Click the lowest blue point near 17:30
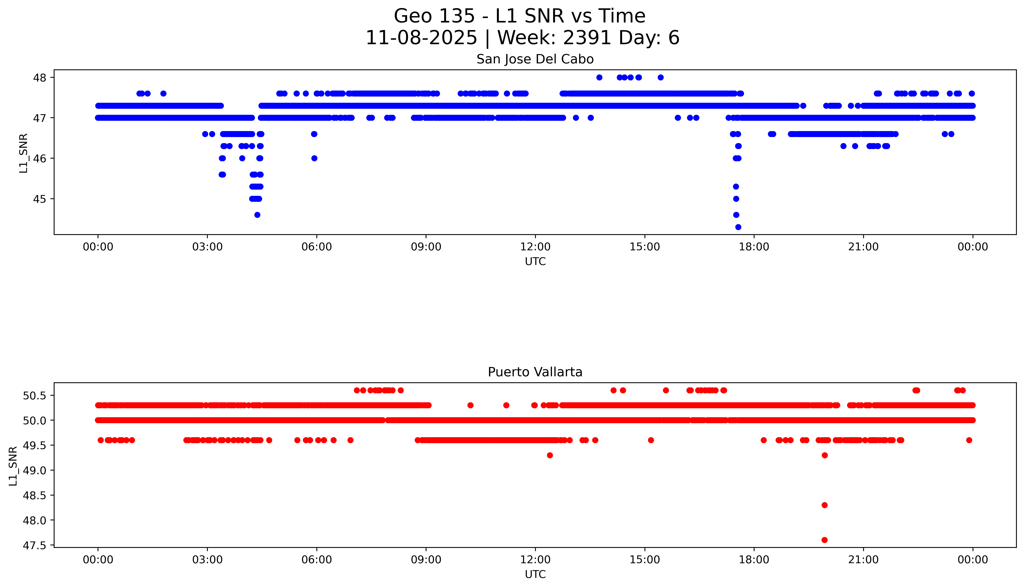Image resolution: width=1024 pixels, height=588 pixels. coord(738,227)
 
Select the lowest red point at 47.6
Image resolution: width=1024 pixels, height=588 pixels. coord(824,540)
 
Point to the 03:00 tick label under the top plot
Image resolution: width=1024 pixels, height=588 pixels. coord(207,247)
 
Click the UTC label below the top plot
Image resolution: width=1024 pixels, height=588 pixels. coord(535,262)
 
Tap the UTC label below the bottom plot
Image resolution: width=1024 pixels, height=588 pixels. coord(535,574)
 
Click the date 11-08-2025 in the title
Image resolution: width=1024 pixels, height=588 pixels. coord(421,38)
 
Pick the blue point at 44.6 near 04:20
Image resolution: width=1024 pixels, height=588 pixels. coord(257,215)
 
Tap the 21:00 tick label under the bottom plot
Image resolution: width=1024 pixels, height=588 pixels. coord(863,560)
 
